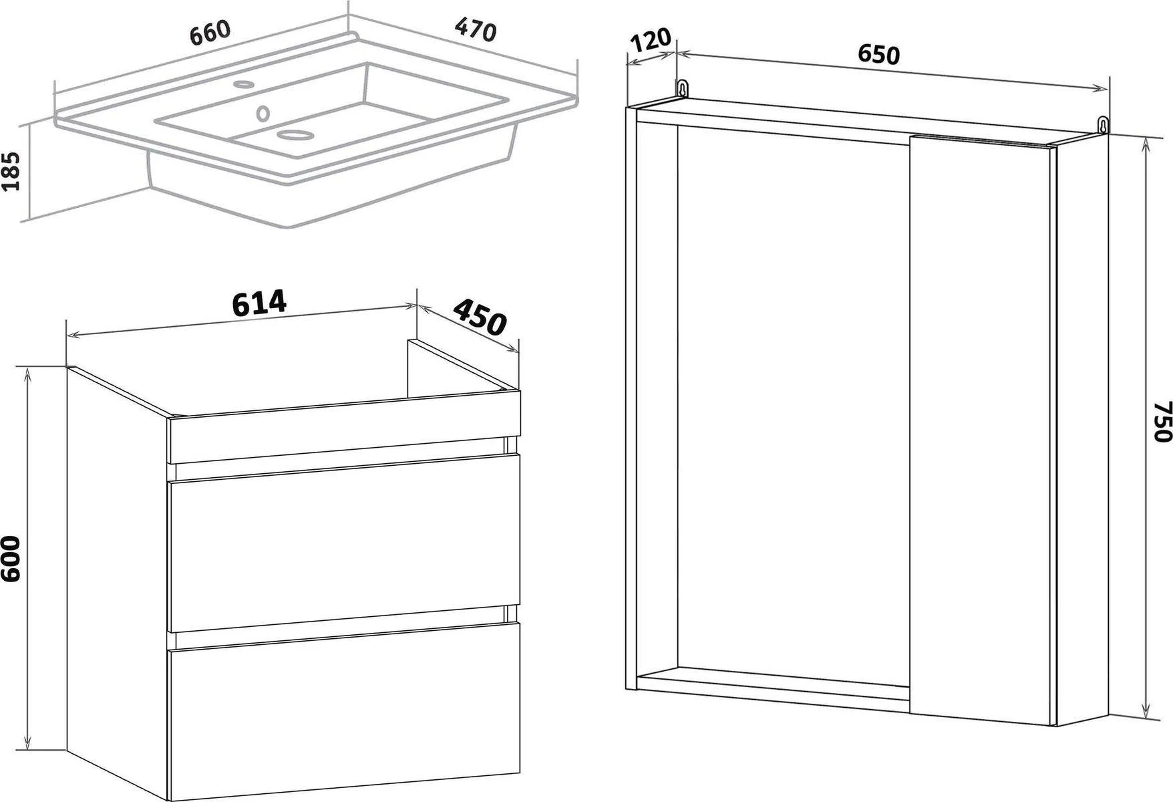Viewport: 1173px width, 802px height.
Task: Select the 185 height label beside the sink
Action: [14, 171]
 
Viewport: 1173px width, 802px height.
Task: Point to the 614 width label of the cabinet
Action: [259, 303]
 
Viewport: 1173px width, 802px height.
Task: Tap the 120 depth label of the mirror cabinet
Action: [650, 41]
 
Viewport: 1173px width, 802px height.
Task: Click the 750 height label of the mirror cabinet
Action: [1162, 421]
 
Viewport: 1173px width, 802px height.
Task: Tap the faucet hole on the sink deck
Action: [243, 85]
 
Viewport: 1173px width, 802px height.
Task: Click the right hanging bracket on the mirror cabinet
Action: [1103, 124]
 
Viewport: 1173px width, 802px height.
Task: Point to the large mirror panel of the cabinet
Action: [794, 409]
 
